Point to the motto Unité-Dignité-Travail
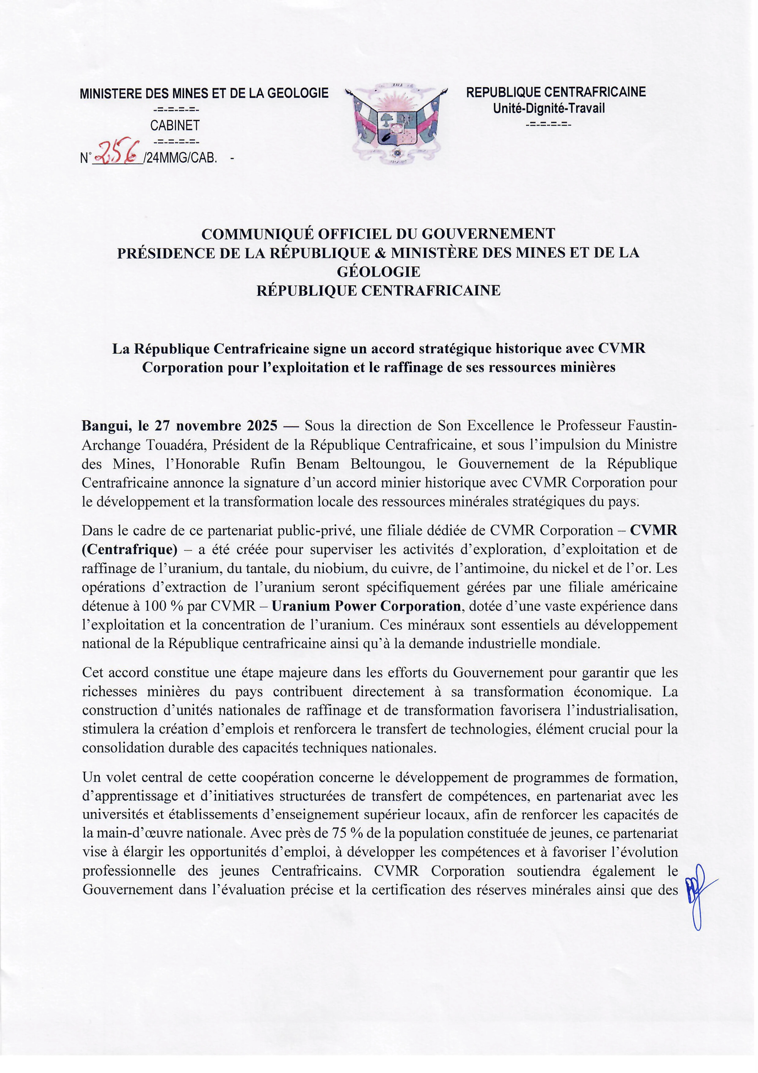coord(549,108)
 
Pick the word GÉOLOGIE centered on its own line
coord(379,272)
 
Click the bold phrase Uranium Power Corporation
coord(366,606)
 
